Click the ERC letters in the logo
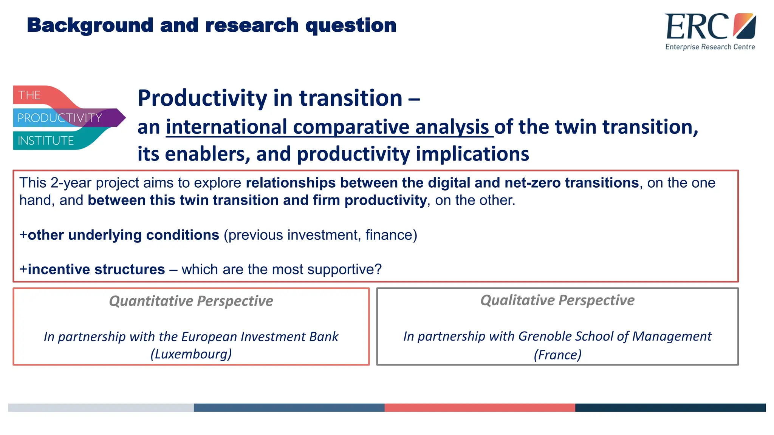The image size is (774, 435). (696, 26)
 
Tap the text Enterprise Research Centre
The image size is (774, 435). (710, 47)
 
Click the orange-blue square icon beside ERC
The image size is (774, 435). (744, 26)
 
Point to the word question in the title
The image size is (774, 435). (351, 26)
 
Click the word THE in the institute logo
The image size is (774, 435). (29, 95)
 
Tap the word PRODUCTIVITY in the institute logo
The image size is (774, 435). (60, 118)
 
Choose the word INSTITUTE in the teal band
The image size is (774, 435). (46, 141)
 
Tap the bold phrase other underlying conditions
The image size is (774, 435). (123, 235)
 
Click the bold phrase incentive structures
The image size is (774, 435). (96, 269)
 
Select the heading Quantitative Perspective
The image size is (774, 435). (191, 301)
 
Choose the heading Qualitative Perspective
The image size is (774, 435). (557, 300)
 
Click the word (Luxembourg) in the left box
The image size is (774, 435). (191, 354)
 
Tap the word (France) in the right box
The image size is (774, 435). (557, 355)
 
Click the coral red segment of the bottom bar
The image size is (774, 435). (480, 407)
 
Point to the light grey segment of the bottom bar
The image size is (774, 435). (101, 407)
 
